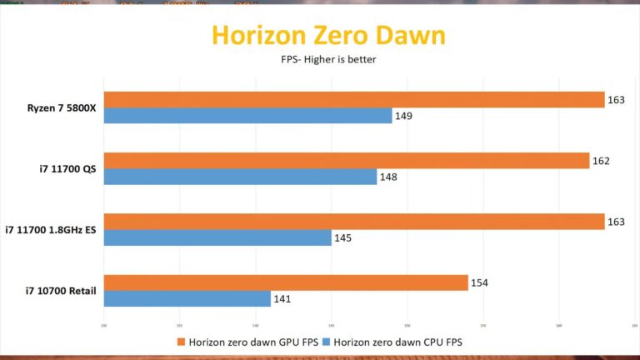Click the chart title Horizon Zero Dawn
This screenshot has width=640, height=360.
click(x=327, y=35)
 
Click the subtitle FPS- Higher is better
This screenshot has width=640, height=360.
click(x=327, y=60)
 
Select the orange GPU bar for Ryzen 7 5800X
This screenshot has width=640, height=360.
click(x=354, y=99)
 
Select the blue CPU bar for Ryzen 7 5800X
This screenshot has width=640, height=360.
click(x=247, y=116)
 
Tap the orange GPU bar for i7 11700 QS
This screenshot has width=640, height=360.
click(x=347, y=160)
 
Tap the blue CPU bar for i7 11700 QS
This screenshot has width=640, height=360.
click(x=240, y=177)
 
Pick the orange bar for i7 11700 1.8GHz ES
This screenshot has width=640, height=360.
click(x=354, y=221)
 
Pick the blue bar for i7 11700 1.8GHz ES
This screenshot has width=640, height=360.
click(x=217, y=237)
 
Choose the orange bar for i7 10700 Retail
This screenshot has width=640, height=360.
click(x=286, y=282)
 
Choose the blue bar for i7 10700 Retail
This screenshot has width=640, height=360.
click(x=187, y=298)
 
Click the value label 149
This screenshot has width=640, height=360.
click(x=403, y=116)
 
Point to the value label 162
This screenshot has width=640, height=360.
click(x=601, y=160)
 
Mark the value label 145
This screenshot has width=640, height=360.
click(x=342, y=237)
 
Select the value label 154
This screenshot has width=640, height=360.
click(x=479, y=282)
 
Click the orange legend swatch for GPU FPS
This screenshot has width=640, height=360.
click(x=181, y=341)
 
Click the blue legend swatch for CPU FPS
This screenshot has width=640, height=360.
click(x=327, y=341)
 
